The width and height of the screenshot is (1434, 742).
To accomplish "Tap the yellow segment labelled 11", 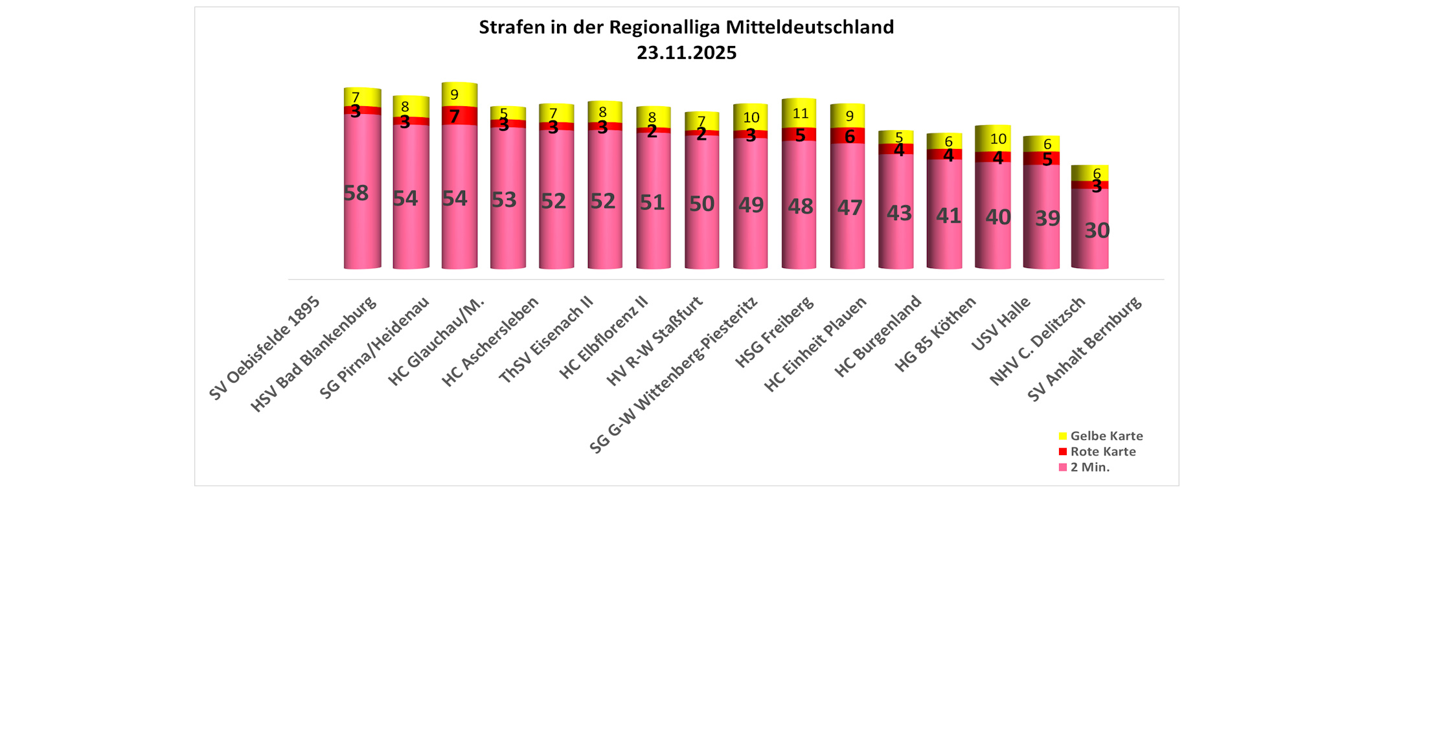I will click(799, 113).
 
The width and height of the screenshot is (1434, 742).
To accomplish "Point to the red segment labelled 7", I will click(459, 116).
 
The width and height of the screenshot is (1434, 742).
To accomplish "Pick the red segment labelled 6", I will click(847, 136).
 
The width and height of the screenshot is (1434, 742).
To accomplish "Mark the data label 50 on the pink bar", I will click(701, 204).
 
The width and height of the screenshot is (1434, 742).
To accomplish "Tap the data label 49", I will click(751, 205).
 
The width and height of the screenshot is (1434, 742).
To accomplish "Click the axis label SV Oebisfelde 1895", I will click(265, 348).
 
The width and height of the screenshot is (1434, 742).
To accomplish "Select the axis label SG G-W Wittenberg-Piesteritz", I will click(674, 375).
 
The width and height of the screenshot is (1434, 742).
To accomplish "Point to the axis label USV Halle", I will click(1001, 324).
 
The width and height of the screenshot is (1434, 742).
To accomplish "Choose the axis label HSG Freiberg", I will click(775, 332).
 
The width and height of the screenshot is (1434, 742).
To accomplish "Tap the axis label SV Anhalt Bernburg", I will click(1085, 348).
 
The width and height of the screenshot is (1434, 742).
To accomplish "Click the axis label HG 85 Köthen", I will click(935, 334).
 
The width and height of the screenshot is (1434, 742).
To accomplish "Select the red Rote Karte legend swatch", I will click(1063, 451).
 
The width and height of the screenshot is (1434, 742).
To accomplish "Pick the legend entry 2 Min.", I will click(1089, 467).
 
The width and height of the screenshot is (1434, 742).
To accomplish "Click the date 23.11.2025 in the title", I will click(687, 52).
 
